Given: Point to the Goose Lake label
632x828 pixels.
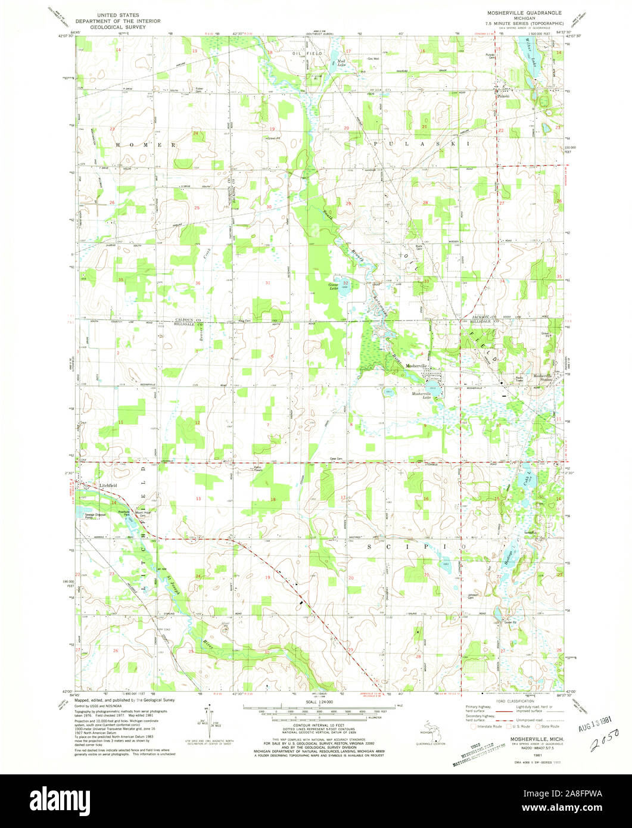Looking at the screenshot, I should (334, 287).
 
